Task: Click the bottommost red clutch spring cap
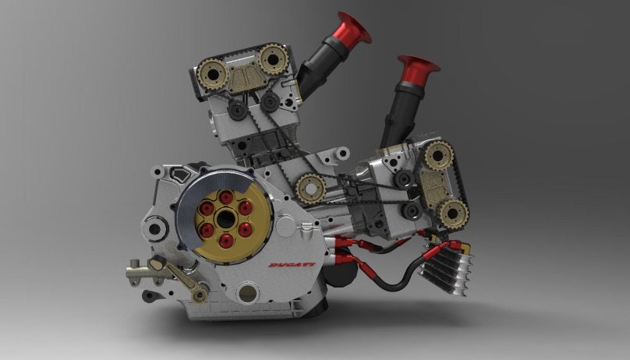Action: pos(225,240)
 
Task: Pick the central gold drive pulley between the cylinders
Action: pos(311,188)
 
